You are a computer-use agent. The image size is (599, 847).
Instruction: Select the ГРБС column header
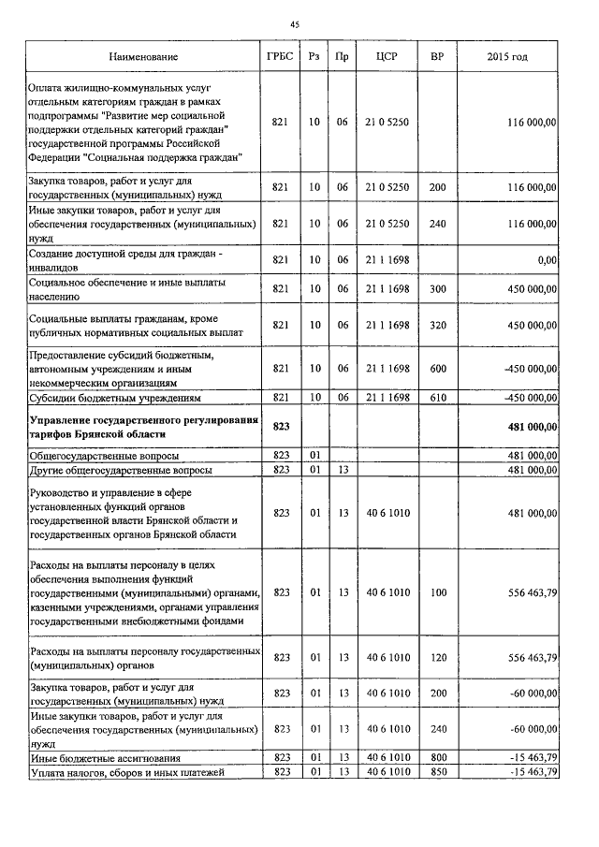tap(280, 58)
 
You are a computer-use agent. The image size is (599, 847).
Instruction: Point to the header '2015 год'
tap(507, 58)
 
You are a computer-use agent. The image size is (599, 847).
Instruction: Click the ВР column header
tap(436, 58)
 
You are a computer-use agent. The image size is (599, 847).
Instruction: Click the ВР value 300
tap(436, 289)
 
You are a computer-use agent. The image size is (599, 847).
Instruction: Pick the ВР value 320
tap(436, 325)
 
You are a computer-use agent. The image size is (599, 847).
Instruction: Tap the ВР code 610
tap(436, 398)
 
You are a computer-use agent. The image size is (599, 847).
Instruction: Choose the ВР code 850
tap(436, 771)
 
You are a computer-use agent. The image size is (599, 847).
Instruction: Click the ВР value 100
tap(436, 592)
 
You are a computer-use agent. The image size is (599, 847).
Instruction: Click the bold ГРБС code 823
tap(280, 427)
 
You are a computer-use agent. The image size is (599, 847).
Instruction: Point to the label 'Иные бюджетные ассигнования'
tap(105, 757)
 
